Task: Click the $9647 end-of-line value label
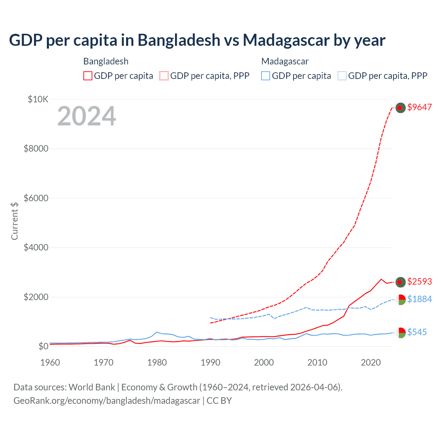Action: (x=419, y=107)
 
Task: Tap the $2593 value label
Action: (x=419, y=282)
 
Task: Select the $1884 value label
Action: (x=419, y=299)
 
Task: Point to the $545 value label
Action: (x=417, y=332)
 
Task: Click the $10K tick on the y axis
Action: (x=38, y=100)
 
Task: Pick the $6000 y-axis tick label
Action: (x=36, y=198)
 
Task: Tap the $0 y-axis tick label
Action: (x=43, y=346)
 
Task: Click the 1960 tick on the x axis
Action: (x=50, y=362)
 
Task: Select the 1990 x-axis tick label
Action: (x=211, y=362)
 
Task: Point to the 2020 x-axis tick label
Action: (x=371, y=362)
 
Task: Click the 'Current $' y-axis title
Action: (x=14, y=221)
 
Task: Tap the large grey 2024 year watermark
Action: (x=86, y=116)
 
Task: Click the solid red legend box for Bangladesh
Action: (x=88, y=76)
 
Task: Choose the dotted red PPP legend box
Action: (x=164, y=76)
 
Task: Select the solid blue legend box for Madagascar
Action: (x=266, y=76)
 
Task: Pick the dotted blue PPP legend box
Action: (x=342, y=76)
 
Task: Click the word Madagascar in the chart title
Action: (x=286, y=40)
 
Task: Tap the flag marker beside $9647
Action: (x=400, y=108)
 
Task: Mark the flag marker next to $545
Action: (x=400, y=332)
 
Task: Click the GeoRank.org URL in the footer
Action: (x=107, y=401)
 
